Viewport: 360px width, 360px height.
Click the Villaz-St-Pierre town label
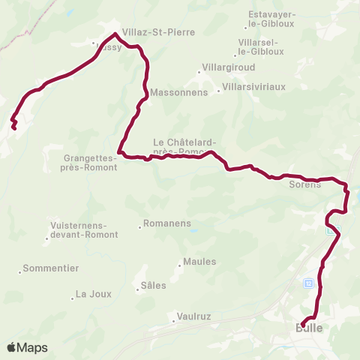158,33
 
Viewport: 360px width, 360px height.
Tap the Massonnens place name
173,94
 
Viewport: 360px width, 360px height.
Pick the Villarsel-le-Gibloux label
257,46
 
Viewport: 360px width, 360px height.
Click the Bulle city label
309,328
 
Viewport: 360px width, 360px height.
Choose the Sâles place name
153,285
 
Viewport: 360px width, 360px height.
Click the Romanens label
168,223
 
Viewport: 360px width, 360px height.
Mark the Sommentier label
51,268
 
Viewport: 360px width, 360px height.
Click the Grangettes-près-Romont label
90,163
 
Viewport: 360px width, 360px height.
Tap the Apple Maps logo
27,348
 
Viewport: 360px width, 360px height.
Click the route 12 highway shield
307,283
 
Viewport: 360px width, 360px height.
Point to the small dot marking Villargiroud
199,73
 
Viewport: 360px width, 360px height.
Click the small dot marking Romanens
140,226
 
